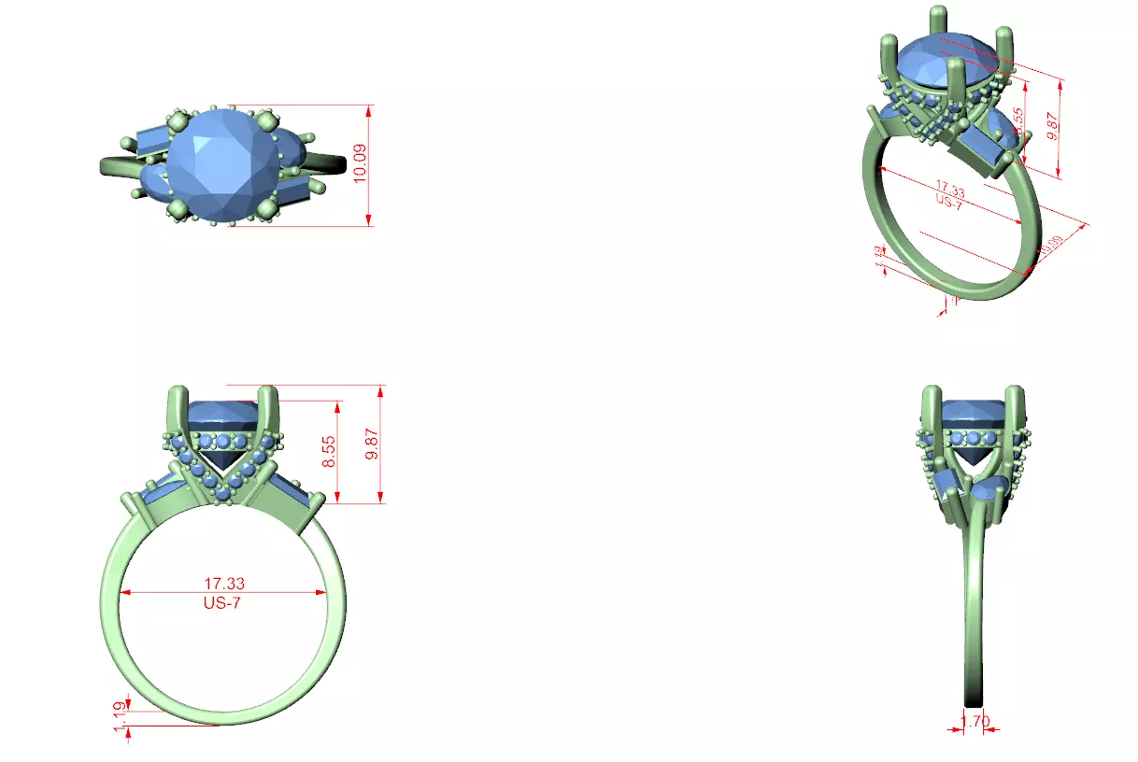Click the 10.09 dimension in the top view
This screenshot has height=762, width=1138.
(359, 164)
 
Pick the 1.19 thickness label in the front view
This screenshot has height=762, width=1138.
(119, 715)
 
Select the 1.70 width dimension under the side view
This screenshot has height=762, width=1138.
(974, 720)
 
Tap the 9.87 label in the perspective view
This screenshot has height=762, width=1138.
(1054, 125)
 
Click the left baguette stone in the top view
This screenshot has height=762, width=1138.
(151, 141)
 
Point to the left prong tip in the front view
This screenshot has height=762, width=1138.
(173, 393)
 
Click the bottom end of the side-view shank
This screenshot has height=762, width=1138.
(974, 697)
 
